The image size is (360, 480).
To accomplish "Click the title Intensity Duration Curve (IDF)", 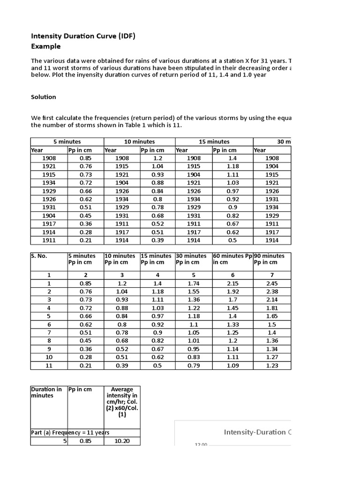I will pyautogui.click(x=83, y=36).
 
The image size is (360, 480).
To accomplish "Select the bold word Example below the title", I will pyautogui.click(x=45, y=46).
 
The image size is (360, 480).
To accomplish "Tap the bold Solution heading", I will pyautogui.click(x=44, y=97).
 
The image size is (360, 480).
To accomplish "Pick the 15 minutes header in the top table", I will pyautogui.click(x=214, y=142).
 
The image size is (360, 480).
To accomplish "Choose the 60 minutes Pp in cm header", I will pyautogui.click(x=232, y=259).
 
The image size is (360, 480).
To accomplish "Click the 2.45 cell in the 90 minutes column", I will pyautogui.click(x=272, y=284).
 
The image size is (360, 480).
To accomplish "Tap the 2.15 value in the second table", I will pyautogui.click(x=232, y=284).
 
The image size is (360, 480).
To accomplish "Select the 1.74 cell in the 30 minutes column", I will pyautogui.click(x=194, y=284).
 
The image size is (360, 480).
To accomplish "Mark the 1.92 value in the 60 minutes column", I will pyautogui.click(x=232, y=292).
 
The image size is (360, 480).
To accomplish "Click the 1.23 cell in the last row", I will pyautogui.click(x=272, y=365).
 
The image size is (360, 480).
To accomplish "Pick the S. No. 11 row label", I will pyautogui.click(x=49, y=365).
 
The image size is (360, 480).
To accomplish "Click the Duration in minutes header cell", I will pyautogui.click(x=46, y=392).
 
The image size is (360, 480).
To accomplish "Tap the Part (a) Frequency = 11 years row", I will pyautogui.click(x=70, y=433).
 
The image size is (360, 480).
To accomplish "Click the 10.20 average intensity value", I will pyautogui.click(x=122, y=441).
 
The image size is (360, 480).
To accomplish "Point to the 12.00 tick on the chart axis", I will pyautogui.click(x=200, y=444).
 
